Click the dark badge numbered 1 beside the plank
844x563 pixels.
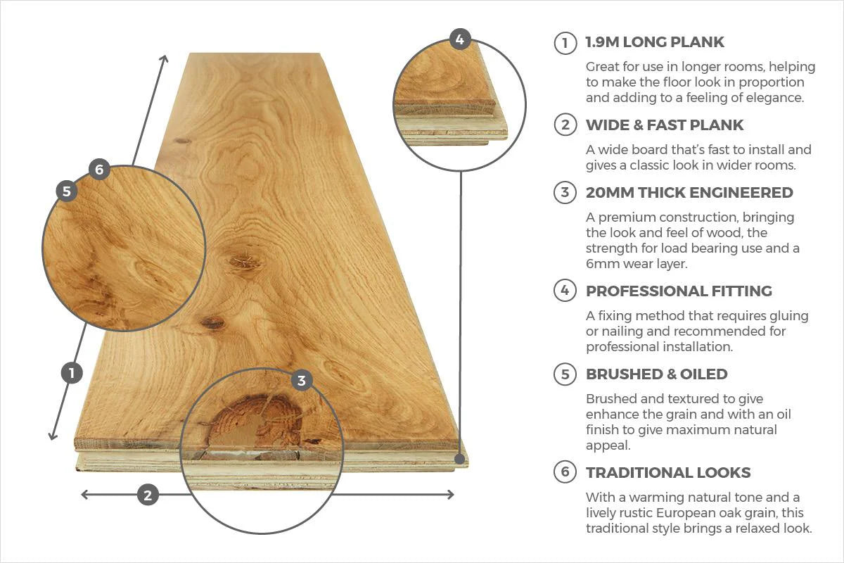coord(72,372)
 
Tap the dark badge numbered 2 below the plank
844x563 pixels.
coord(147,495)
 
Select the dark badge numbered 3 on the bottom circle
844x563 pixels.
coord(302,381)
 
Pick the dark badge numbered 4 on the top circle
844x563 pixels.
coord(459,39)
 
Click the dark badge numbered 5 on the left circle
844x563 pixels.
coord(67,191)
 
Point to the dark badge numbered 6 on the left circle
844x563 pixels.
coord(98,169)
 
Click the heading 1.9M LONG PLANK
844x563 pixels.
coord(654,42)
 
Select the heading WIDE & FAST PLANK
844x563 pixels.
coord(664,125)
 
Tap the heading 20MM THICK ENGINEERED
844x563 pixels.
coord(689,193)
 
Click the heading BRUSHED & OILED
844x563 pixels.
coord(656,374)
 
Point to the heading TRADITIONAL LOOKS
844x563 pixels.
coord(667,473)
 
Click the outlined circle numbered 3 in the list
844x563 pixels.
coord(565,193)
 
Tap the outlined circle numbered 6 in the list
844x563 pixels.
coord(565,473)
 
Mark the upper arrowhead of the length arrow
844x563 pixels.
coord(165,58)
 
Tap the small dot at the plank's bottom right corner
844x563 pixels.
coord(460,460)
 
